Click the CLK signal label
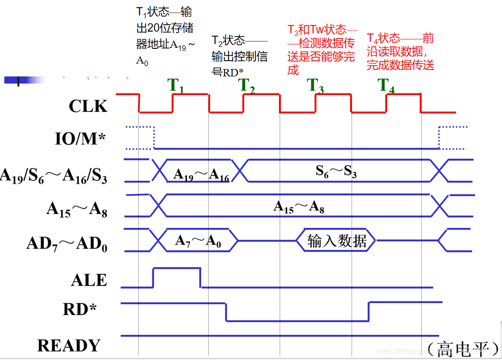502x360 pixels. tap(88, 106)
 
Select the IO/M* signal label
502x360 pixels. tap(80, 140)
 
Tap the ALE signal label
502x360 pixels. tap(89, 280)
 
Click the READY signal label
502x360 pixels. tap(69, 345)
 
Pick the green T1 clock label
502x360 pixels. tap(176, 86)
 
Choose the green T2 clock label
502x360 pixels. tap(247, 86)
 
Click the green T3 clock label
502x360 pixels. tap(317, 86)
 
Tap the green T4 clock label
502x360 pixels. tap(386, 86)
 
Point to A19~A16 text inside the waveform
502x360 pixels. tap(201, 175)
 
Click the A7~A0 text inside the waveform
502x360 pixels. tap(198, 241)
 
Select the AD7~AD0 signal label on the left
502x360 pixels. tap(67, 244)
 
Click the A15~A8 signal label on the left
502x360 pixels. tap(77, 209)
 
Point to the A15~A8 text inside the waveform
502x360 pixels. tap(299, 207)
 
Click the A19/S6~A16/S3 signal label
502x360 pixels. tap(54, 176)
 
